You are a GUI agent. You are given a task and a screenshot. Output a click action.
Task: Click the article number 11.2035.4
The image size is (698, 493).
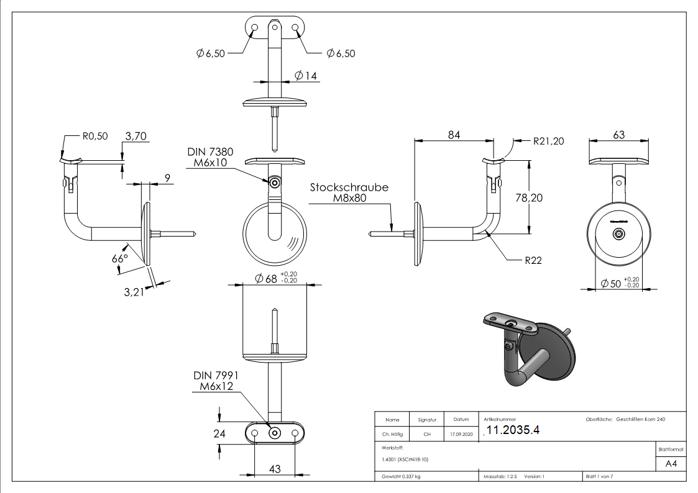tap(513, 431)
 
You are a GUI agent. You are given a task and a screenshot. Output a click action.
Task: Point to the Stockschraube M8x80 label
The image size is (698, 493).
tap(349, 192)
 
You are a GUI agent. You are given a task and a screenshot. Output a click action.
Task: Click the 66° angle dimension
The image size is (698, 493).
tap(120, 258)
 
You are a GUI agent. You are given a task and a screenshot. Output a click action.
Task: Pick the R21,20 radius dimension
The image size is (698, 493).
tap(548, 141)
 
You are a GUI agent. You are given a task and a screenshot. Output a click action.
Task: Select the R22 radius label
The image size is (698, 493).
tap(533, 260)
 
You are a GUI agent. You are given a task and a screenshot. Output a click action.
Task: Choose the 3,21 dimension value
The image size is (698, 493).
tap(133, 292)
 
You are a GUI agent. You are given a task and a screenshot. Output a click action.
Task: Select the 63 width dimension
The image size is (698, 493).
tap(618, 135)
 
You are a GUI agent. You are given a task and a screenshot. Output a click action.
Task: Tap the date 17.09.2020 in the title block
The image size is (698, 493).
tap(461, 435)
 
